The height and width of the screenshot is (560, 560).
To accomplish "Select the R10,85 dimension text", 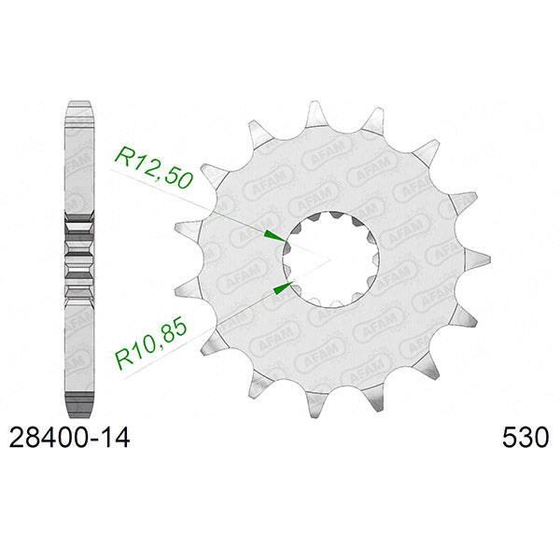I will point(151,340).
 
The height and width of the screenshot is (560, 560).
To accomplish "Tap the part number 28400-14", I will point(69,436).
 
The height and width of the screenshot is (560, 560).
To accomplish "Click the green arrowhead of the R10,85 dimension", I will point(278,288).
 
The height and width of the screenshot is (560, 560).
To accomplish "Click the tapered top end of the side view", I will point(82,105).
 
